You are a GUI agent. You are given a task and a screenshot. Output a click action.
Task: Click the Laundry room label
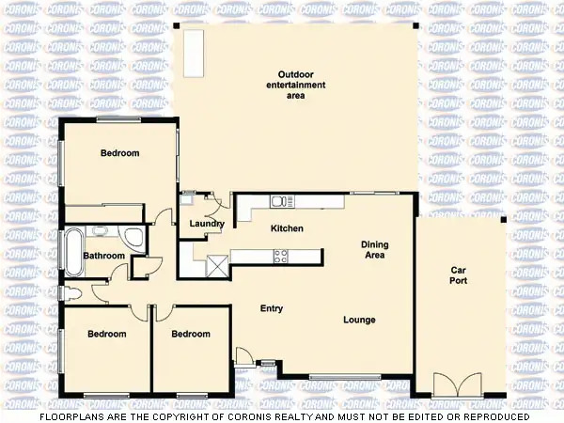pyautogui.click(x=206, y=224)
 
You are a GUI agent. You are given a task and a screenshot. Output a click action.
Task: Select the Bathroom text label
pyautogui.click(x=103, y=256)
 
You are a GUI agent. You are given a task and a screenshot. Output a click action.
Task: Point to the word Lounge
pyautogui.click(x=359, y=321)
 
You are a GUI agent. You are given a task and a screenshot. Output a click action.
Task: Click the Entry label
pyautogui.click(x=272, y=308)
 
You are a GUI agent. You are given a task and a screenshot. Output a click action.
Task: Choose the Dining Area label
pyautogui.click(x=375, y=250)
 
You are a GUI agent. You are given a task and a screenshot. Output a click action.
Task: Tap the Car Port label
pyautogui.click(x=459, y=275)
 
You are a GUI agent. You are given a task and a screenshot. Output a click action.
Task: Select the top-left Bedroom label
pyautogui.click(x=119, y=153)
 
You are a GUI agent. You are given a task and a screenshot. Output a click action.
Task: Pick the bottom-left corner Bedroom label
pyautogui.click(x=106, y=334)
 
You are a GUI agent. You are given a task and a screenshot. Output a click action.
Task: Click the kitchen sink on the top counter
pyautogui.click(x=279, y=200)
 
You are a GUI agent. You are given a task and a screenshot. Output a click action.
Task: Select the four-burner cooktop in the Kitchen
pyautogui.click(x=279, y=255)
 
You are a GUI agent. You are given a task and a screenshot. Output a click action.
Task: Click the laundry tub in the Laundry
pyautogui.click(x=187, y=198)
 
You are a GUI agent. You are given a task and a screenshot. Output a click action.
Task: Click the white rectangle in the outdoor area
pyautogui.click(x=195, y=46)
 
